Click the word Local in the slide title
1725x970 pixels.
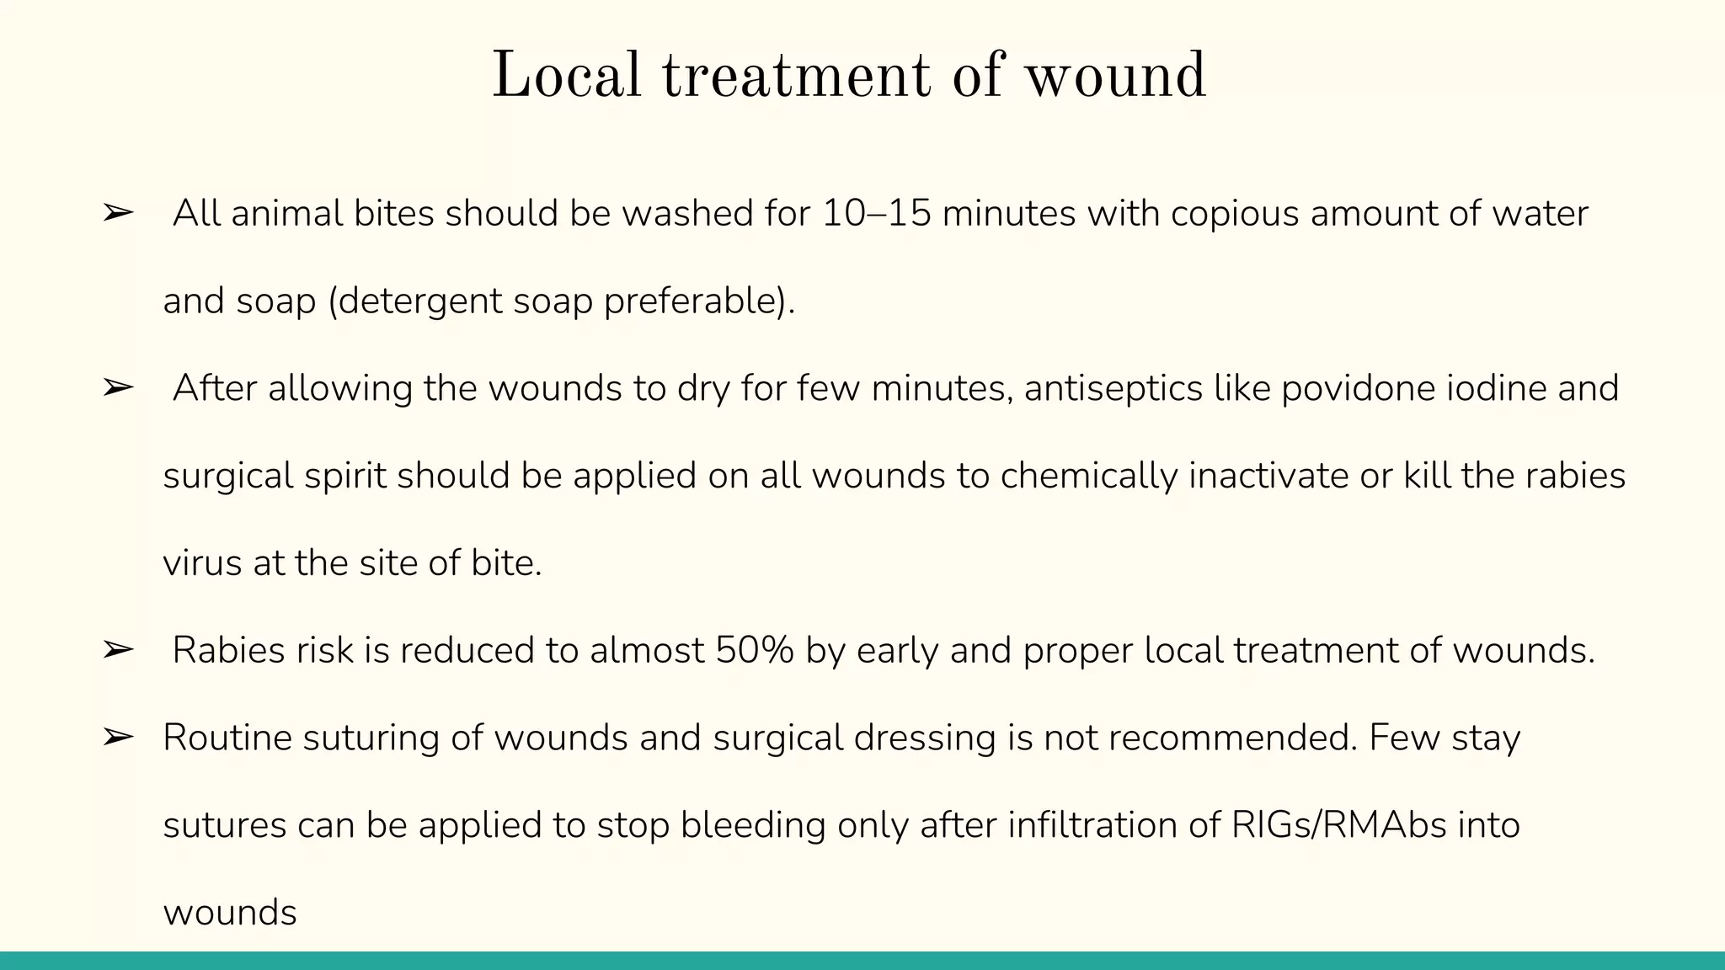point(566,76)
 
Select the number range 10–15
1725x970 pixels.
point(877,214)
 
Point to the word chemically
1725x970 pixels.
point(1089,477)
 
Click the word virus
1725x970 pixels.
point(202,563)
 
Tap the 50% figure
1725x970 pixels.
point(755,651)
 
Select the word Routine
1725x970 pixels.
point(227,738)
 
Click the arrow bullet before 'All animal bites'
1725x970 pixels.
point(118,214)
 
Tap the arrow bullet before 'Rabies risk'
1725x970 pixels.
point(118,651)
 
